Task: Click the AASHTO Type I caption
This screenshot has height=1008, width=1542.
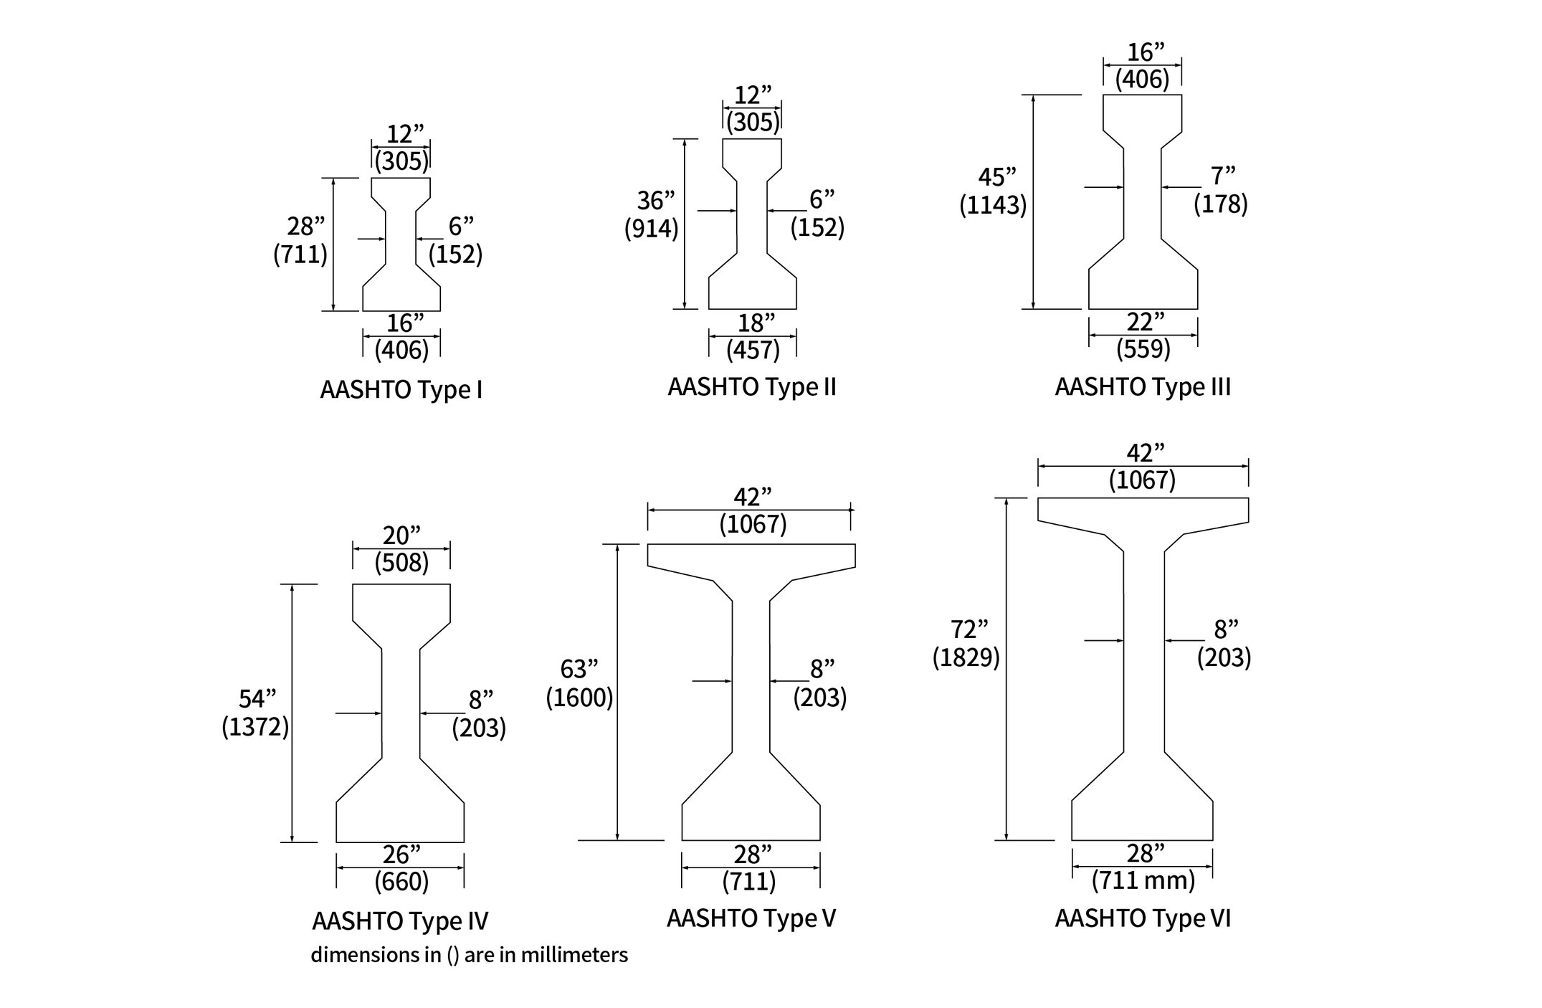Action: point(401,390)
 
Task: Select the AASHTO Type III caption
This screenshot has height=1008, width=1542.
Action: point(1143,387)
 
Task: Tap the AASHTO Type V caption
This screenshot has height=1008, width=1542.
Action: point(751,918)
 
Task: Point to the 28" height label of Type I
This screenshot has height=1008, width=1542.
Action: point(305,227)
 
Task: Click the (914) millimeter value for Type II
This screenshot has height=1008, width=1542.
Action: point(651,229)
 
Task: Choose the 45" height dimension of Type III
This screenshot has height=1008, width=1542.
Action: point(997,176)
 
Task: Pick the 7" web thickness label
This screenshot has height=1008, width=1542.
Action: point(1223,176)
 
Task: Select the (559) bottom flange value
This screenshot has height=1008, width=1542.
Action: point(1143,349)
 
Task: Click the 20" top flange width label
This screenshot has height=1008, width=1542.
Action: point(401,535)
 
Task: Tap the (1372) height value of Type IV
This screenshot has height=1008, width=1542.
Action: point(255,728)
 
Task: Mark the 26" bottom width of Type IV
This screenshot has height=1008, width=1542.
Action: point(401,855)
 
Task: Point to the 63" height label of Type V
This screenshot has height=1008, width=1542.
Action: point(579,669)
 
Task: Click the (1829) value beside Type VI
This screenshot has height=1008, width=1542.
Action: point(966,657)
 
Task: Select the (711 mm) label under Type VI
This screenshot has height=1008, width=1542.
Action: point(1143,880)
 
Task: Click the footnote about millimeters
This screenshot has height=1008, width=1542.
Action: point(469,955)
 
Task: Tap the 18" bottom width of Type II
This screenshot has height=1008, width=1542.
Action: point(751,323)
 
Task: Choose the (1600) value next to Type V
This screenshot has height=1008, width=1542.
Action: point(579,698)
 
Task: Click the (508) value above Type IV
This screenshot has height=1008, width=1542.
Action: point(401,563)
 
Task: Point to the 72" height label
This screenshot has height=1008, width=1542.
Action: point(969,629)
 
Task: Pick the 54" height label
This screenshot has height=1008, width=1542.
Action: point(257,699)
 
